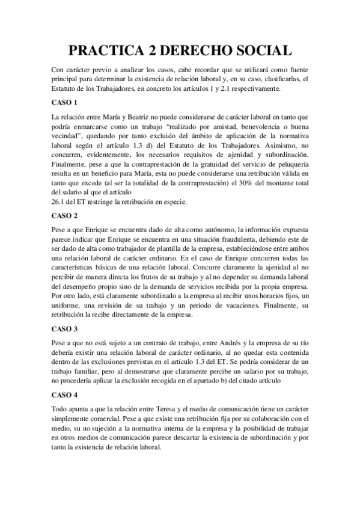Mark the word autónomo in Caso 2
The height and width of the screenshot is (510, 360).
click(209, 229)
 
